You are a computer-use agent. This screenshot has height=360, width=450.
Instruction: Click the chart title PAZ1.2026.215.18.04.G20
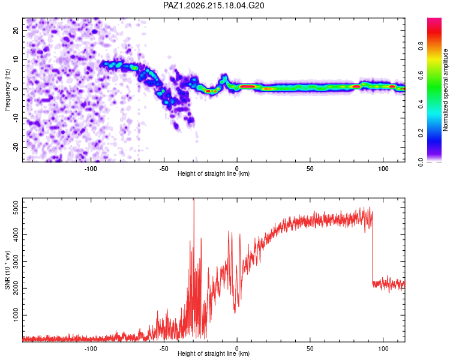214,5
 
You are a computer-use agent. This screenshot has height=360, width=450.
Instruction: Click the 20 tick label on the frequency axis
16,30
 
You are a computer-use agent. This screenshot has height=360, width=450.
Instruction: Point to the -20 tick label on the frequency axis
16,147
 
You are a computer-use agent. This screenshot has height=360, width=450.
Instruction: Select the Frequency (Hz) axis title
7,90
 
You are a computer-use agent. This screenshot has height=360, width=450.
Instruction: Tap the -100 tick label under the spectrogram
91,169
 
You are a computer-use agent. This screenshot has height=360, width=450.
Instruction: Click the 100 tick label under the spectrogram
383,169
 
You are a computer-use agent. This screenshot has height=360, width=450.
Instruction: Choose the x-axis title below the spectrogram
214,173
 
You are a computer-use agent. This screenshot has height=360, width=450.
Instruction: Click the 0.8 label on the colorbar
421,46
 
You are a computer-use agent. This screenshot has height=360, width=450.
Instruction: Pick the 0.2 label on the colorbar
421,133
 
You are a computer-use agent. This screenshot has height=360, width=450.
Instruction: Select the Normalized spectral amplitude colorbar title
445,90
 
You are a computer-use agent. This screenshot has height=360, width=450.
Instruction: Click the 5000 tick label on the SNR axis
16,207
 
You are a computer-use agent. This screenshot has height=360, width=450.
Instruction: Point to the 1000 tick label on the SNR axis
16,315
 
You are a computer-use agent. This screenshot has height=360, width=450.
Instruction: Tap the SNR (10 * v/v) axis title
7,270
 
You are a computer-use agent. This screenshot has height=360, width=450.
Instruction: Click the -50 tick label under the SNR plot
164,349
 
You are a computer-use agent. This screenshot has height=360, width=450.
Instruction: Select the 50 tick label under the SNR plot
310,349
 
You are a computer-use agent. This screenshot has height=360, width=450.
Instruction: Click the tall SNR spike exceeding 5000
194,201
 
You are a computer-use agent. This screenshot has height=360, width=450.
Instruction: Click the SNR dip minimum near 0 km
235,313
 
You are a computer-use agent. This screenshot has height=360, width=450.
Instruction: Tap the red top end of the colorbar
434,20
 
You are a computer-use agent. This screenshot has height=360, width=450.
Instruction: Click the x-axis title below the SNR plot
214,353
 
